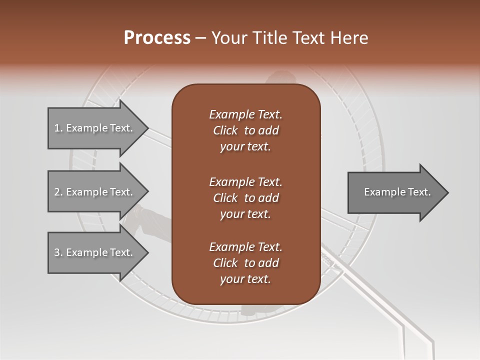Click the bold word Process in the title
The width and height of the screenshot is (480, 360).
click(157, 37)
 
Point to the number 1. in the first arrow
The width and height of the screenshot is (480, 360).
click(58, 128)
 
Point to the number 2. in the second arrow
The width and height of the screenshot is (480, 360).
click(58, 192)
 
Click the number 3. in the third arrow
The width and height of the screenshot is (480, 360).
click(58, 252)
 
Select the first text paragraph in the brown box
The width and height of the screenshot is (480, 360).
click(245, 130)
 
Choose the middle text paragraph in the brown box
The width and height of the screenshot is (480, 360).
click(245, 197)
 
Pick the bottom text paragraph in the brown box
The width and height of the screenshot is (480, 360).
click(245, 263)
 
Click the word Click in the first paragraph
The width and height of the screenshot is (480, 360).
click(225, 130)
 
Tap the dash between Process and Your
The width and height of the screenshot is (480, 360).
click(201, 38)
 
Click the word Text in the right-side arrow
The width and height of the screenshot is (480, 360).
click(419, 192)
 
